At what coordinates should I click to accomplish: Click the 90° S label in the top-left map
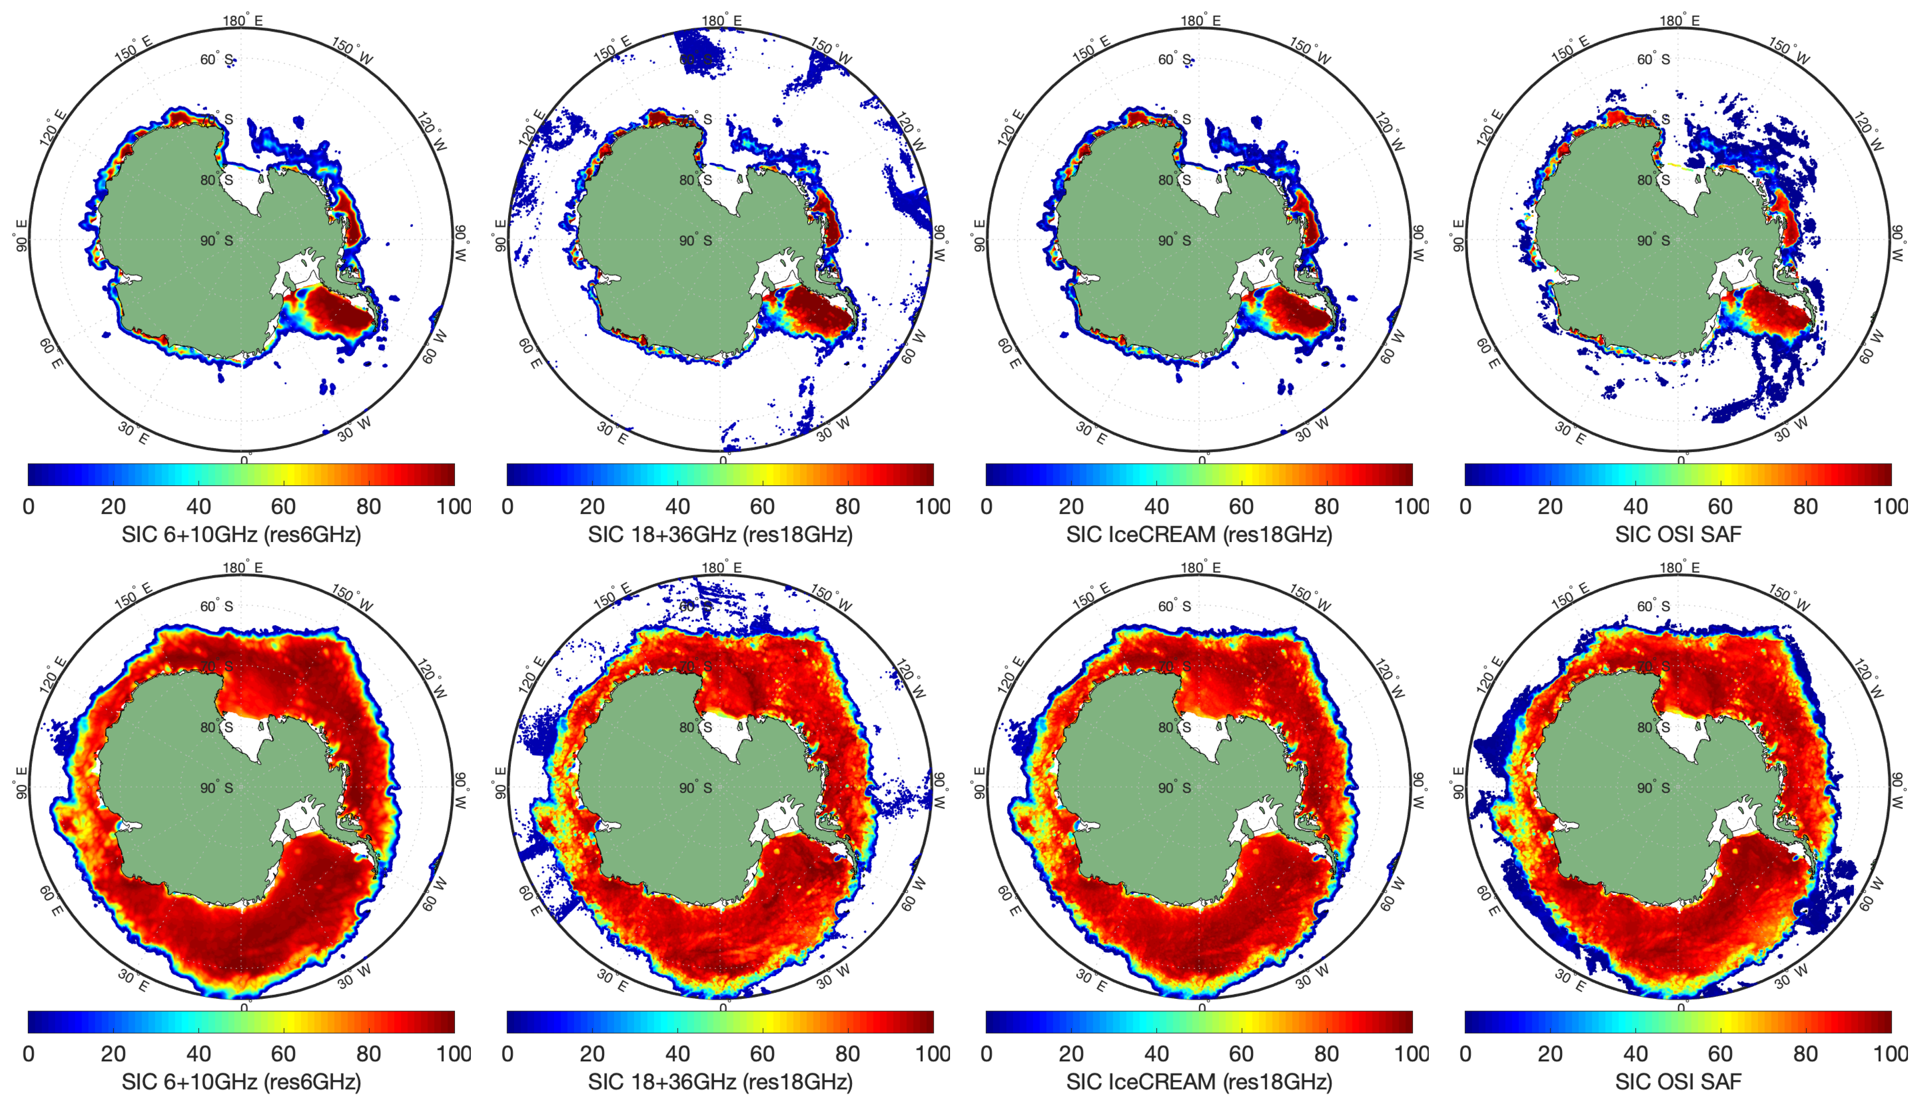click(x=217, y=241)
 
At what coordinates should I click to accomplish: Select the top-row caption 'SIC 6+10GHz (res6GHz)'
click(x=241, y=535)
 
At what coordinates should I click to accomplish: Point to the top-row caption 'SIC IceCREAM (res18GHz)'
click(x=1199, y=535)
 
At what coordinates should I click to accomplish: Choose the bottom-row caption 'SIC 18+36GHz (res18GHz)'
click(x=720, y=1082)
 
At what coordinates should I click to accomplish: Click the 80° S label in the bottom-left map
click(x=217, y=727)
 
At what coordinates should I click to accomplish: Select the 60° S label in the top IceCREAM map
click(x=1175, y=59)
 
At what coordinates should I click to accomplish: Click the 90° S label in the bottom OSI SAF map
click(x=1654, y=788)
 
